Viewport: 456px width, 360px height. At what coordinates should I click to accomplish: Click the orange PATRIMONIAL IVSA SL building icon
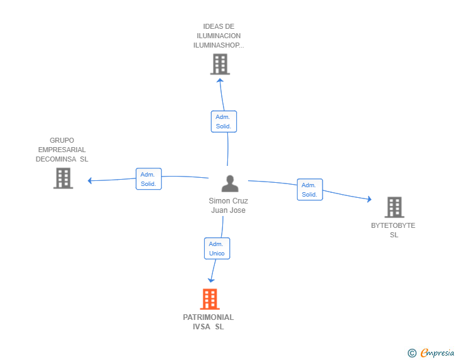(x=210, y=299)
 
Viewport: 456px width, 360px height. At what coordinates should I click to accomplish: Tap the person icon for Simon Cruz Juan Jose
(x=230, y=183)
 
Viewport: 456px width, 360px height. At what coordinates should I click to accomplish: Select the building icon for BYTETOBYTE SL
(x=394, y=207)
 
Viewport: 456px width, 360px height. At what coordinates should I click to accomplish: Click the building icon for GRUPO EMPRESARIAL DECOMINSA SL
(x=63, y=178)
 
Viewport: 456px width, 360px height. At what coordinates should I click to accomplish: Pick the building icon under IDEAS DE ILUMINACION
(x=220, y=64)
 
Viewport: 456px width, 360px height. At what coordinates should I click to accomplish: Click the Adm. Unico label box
(x=217, y=249)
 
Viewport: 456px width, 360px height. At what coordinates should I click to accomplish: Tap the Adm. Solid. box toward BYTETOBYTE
(x=309, y=190)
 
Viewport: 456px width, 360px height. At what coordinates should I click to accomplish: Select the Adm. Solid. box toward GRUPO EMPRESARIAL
(x=148, y=179)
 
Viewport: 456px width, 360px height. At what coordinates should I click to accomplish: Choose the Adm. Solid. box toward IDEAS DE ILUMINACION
(x=224, y=121)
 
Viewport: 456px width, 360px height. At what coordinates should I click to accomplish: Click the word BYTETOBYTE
(x=393, y=225)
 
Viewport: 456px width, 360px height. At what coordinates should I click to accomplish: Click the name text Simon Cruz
(x=228, y=201)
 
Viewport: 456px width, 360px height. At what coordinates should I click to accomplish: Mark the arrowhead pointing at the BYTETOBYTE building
(x=369, y=199)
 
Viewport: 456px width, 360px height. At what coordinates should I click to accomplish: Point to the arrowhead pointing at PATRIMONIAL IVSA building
(x=212, y=280)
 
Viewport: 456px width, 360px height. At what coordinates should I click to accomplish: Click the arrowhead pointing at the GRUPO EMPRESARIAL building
(x=90, y=181)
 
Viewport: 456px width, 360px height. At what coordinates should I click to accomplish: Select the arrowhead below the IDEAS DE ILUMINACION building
(x=219, y=80)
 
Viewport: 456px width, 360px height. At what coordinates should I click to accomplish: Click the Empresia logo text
(x=437, y=352)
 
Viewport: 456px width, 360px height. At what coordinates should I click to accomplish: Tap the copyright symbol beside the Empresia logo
(x=412, y=353)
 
